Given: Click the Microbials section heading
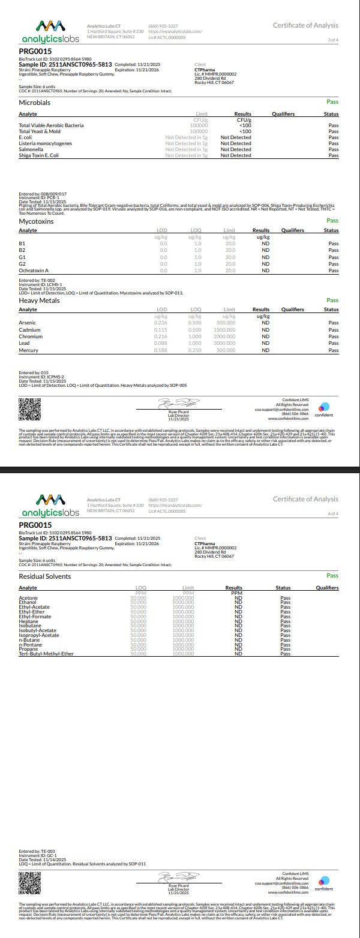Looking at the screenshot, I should click(x=34, y=103).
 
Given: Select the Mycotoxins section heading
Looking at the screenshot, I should click(x=36, y=221).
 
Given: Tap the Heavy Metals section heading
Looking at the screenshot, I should click(x=39, y=300).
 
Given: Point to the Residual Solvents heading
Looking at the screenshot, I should click(x=45, y=576).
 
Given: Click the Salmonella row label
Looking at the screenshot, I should click(x=29, y=149).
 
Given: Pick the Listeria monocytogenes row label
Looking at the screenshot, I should click(x=45, y=143).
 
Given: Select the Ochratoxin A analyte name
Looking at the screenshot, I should click(x=33, y=270).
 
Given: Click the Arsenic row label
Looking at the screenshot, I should click(x=27, y=323).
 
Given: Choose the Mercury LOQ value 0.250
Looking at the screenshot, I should click(x=195, y=350).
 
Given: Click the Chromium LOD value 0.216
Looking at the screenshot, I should click(x=160, y=336).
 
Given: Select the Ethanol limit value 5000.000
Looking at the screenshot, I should click(x=183, y=602).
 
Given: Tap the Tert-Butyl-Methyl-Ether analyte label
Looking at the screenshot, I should click(x=46, y=653).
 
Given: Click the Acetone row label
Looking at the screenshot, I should click(x=28, y=597).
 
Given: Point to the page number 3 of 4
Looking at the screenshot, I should click(x=332, y=40).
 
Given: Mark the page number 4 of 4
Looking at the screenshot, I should click(x=332, y=513).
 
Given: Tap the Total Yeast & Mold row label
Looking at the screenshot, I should click(x=39, y=131).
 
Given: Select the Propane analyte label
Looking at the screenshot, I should click(x=28, y=649).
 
